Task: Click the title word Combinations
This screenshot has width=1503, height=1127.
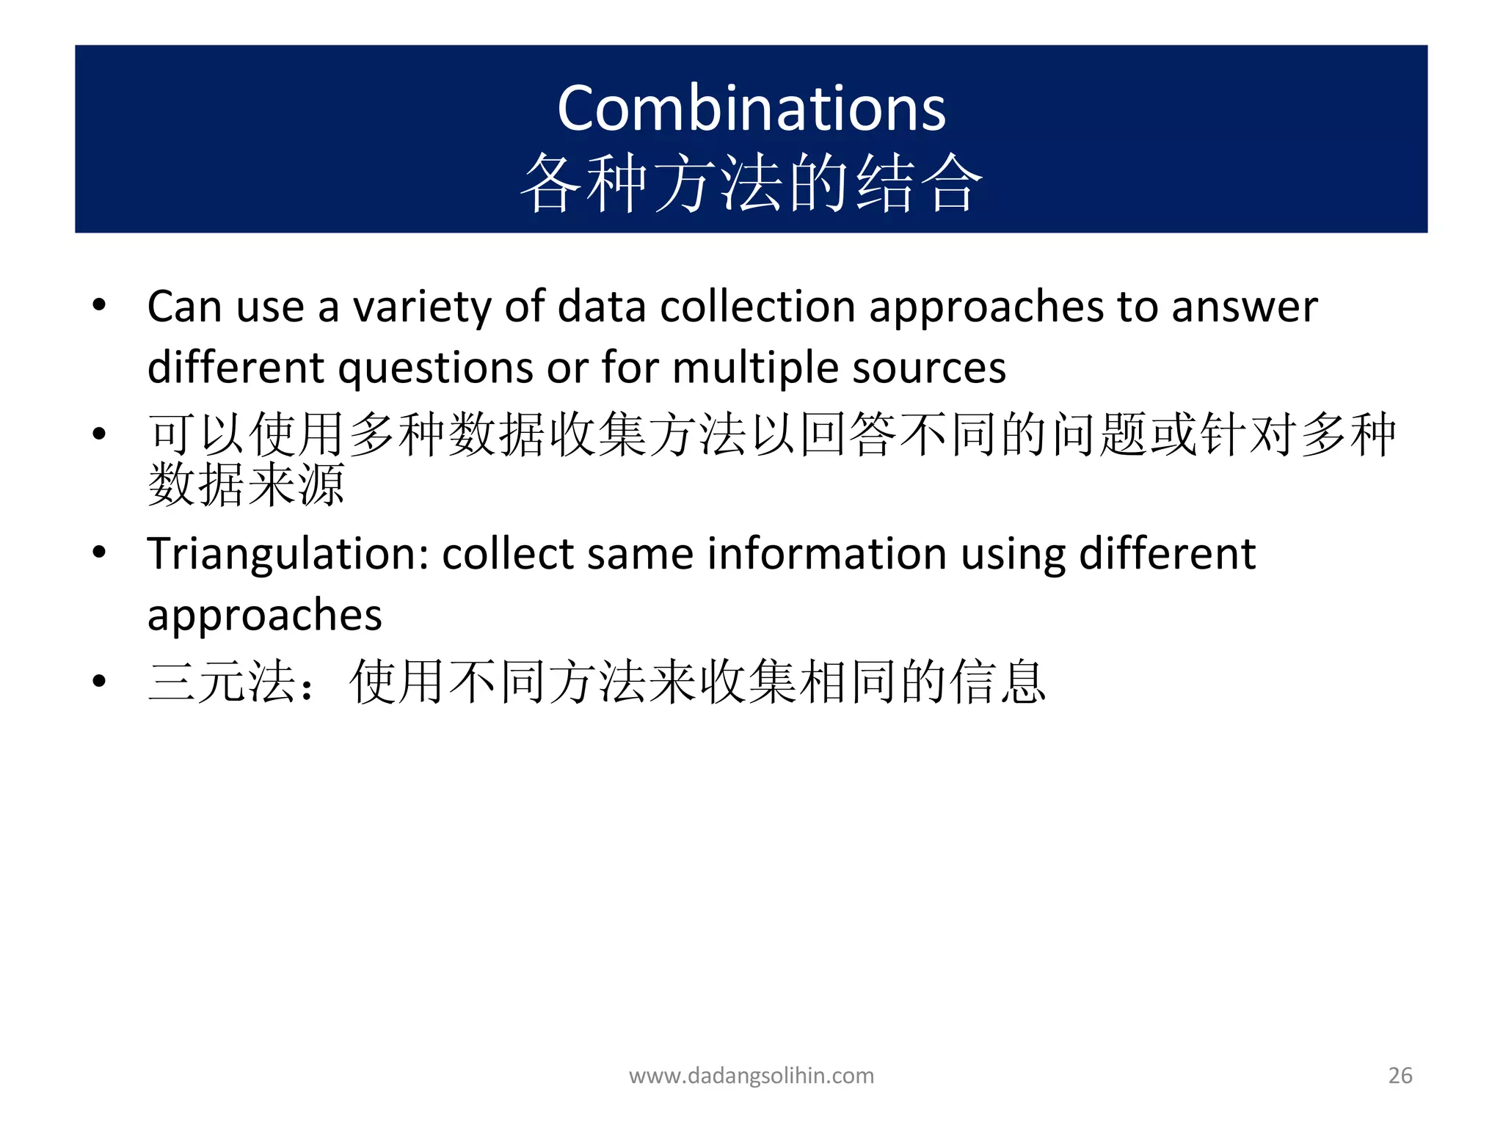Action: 751,109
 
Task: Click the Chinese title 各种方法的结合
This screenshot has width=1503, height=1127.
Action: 751,183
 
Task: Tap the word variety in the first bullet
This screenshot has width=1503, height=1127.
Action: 422,307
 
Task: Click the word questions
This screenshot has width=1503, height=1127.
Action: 435,368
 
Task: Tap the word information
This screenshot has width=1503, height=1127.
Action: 826,554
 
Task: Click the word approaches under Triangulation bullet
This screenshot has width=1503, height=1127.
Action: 264,615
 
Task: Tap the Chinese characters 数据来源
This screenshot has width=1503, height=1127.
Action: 246,485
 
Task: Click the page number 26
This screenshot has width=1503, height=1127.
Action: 1400,1076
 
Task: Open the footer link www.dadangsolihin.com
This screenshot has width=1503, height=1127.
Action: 751,1076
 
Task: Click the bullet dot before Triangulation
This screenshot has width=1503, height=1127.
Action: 100,552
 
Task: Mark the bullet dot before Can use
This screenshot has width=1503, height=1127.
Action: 100,305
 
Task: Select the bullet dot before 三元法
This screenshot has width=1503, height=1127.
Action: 100,682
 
